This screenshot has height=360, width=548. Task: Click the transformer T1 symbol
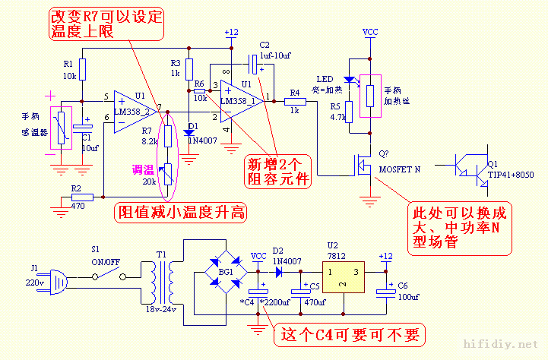pos(161,276)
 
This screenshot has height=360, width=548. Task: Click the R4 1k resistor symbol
pos(295,101)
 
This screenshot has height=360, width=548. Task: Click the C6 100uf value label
pos(408,297)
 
